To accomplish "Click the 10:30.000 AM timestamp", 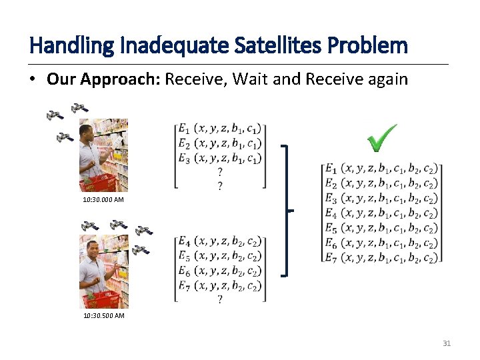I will coord(103,199).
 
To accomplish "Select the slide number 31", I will coord(447,343).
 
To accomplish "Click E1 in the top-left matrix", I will coord(183,129).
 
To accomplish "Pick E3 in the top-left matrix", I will coord(183,158).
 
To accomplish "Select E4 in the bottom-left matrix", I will coord(183,241).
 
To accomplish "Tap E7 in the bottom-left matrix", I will coord(183,285).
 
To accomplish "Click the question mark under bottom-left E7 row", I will coord(220,299).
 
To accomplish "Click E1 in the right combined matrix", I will coord(331,169).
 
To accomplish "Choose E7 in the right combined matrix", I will coord(331,257).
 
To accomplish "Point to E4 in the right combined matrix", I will coord(331,213).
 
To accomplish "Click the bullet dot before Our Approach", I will coord(33,80).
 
